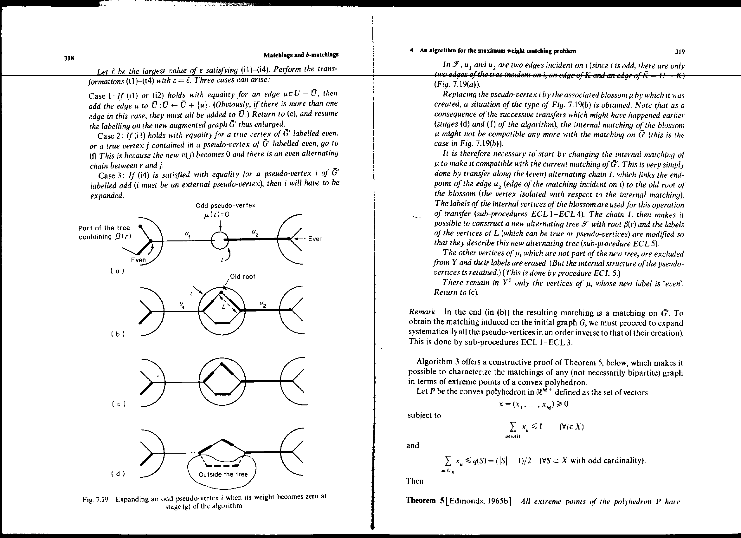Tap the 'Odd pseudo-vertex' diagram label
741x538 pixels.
click(225, 205)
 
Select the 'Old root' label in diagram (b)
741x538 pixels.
click(242, 276)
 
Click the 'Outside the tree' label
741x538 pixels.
click(223, 474)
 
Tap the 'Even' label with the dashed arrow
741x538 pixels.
click(315, 239)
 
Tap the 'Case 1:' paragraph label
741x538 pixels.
click(102, 96)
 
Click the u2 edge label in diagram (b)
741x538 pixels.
click(263, 304)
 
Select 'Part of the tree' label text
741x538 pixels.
click(104, 228)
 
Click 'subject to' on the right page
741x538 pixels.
click(424, 415)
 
